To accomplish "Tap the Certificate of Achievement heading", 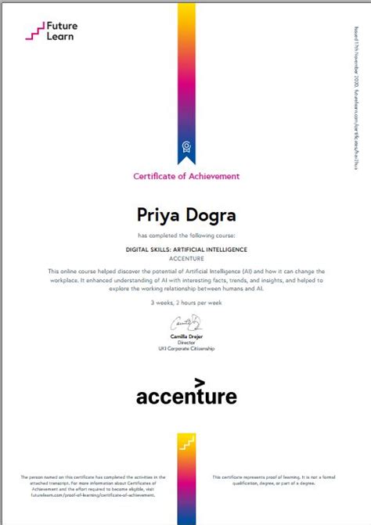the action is click(x=185, y=176).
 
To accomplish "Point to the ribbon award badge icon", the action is click(x=185, y=146).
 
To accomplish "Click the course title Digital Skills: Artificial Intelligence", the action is click(x=185, y=249).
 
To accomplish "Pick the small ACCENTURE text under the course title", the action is click(x=185, y=257).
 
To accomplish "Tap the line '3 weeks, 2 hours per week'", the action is click(x=185, y=302).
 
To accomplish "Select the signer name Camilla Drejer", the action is click(x=186, y=336).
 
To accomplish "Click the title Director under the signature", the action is click(x=186, y=342).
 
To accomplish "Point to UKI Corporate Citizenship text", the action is click(x=186, y=348).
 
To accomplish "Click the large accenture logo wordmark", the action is click(x=186, y=397).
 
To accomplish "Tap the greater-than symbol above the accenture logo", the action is click(x=200, y=383).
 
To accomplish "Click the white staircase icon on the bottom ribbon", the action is click(x=185, y=443).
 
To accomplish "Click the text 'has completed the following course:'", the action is click(x=185, y=234).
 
